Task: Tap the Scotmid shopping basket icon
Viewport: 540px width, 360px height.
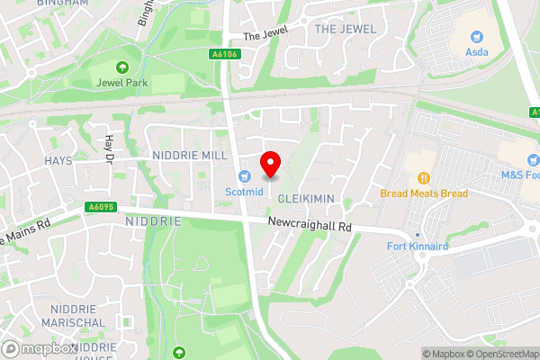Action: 244,175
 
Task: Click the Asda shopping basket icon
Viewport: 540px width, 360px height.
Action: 477,38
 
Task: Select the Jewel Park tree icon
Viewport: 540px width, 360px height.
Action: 121,66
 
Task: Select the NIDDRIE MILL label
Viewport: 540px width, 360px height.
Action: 190,155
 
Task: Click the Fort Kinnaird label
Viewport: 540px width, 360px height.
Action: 417,247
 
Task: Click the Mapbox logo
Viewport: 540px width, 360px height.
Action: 40,348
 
